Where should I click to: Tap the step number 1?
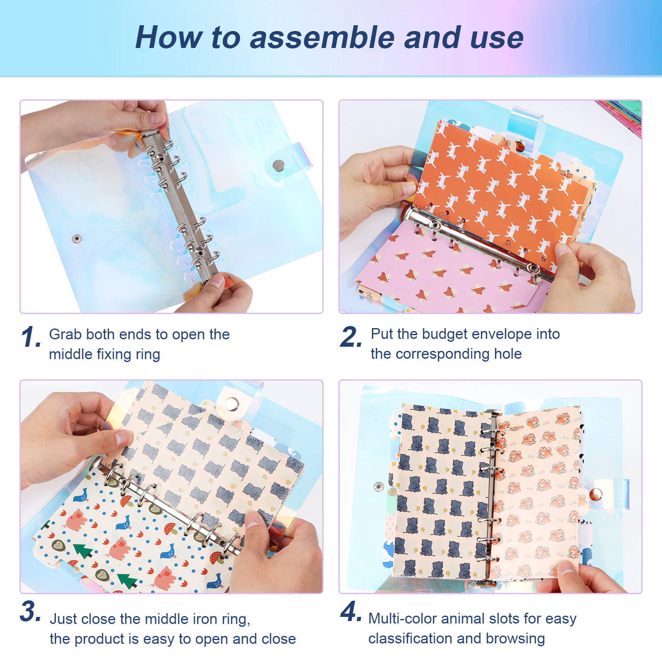pos(31,337)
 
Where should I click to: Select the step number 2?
pos(351,336)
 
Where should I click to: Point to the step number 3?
pos(30,611)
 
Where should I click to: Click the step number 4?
pos(351,611)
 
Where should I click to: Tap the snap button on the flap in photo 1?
pos(279,165)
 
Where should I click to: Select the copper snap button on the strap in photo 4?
pos(595,494)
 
